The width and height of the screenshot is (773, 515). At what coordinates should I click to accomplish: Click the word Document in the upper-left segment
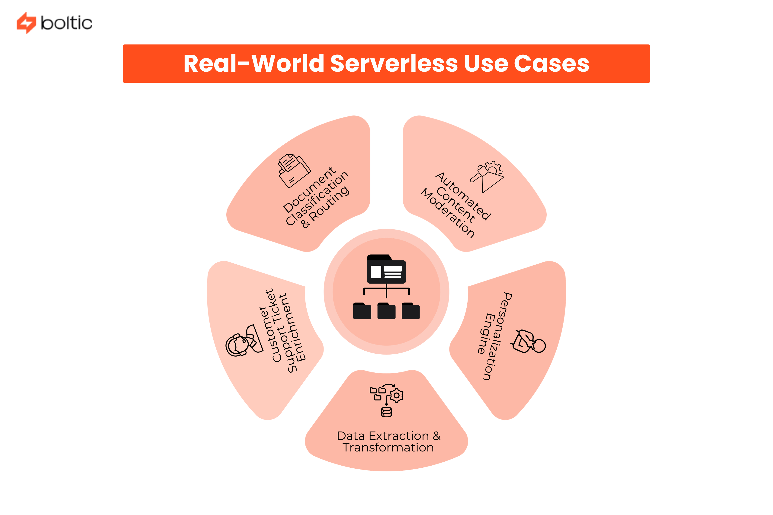click(x=309, y=190)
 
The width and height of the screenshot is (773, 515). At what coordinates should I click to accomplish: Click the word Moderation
click(x=447, y=213)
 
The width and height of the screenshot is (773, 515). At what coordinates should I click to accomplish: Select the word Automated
click(x=463, y=196)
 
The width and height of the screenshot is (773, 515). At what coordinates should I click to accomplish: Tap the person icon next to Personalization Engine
click(x=529, y=342)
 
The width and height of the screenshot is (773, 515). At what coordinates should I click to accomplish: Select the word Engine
click(x=486, y=334)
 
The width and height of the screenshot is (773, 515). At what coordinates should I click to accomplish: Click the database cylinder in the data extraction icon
click(x=386, y=412)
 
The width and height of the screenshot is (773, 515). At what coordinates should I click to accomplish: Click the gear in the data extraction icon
click(x=397, y=395)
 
